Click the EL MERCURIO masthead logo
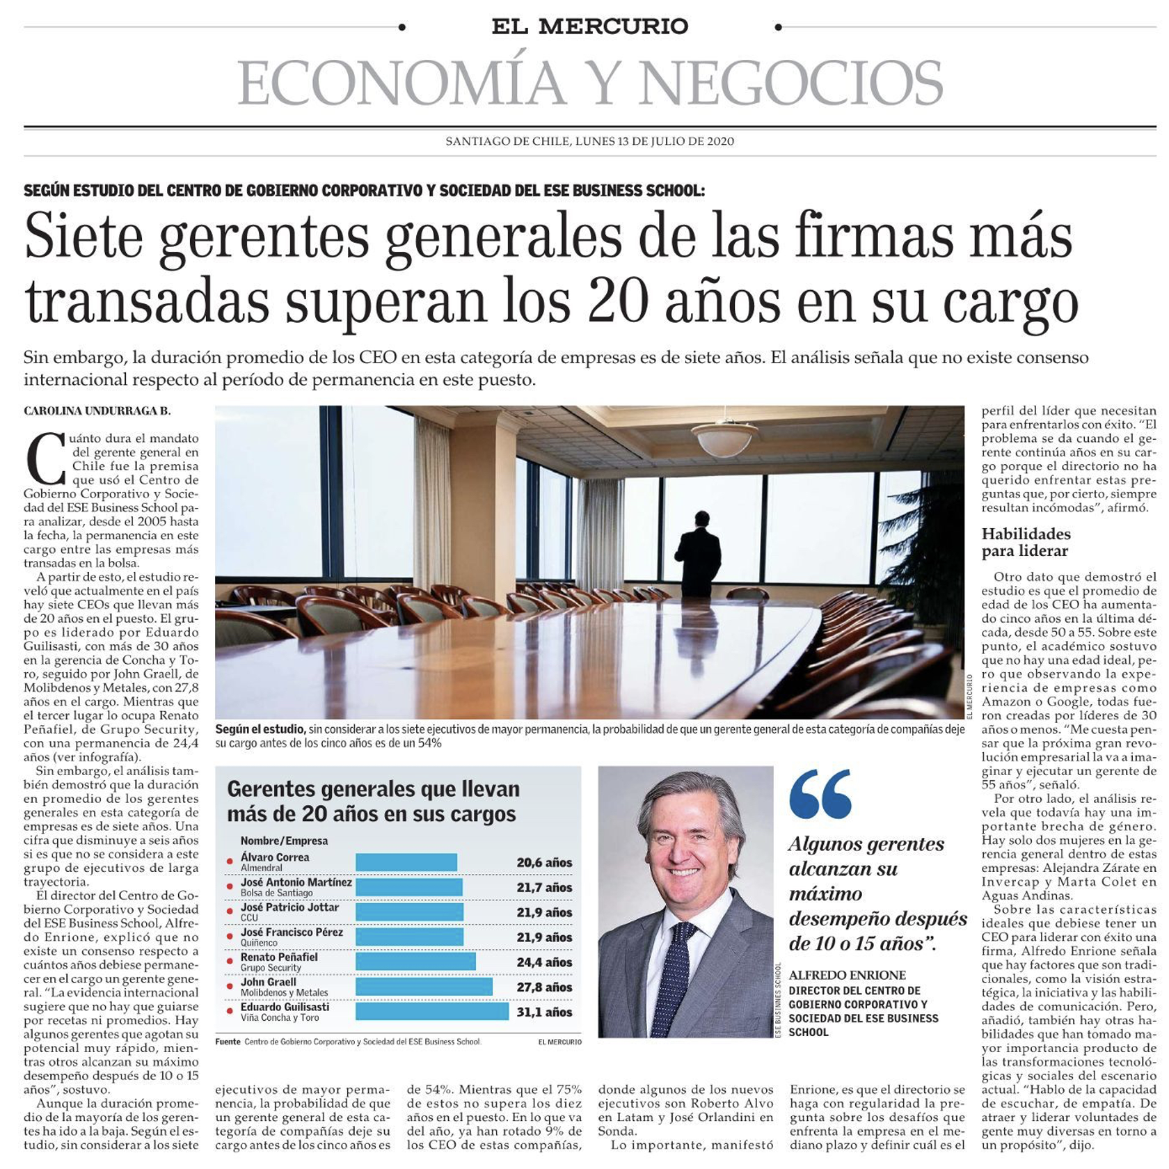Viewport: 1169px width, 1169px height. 589,26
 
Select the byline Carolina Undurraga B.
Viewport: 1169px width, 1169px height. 97,411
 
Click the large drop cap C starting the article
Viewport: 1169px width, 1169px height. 45,459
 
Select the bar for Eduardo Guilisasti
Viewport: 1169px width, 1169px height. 431,1012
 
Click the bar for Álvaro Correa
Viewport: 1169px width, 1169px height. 406,862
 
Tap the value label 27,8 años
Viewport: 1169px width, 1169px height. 544,987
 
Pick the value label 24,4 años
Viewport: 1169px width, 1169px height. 544,962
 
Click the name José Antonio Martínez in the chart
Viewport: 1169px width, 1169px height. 296,882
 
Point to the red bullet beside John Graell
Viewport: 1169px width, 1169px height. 230,987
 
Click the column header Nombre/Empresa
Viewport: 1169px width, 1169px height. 284,841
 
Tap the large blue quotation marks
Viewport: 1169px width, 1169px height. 820,793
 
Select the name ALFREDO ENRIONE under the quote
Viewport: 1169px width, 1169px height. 847,975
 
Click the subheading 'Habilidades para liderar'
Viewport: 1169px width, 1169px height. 1026,542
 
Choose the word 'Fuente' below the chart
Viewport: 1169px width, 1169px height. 228,1042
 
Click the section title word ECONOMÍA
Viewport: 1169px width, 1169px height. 401,83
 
